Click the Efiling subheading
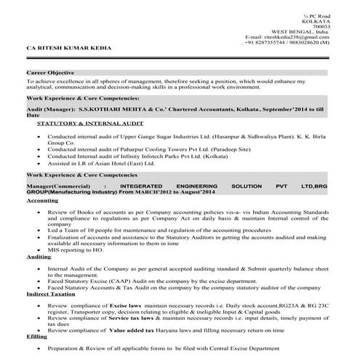(x=36, y=338)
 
